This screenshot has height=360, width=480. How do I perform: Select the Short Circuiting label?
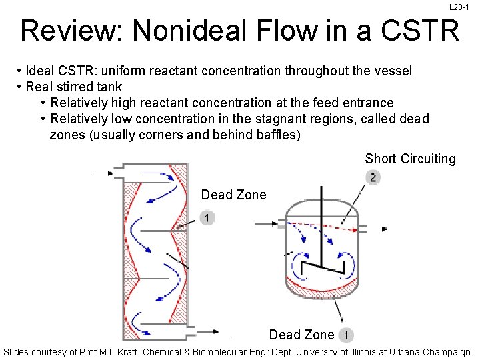(410, 159)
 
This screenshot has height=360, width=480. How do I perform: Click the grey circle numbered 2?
(373, 177)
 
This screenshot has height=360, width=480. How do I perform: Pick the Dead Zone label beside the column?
(233, 195)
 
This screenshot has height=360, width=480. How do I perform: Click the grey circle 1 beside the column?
(207, 218)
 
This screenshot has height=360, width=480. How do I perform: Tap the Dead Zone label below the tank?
(301, 335)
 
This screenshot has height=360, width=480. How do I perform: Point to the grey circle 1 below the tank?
(346, 335)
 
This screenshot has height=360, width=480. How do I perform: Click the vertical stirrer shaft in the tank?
(321, 227)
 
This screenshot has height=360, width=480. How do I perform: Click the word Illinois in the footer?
(360, 351)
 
